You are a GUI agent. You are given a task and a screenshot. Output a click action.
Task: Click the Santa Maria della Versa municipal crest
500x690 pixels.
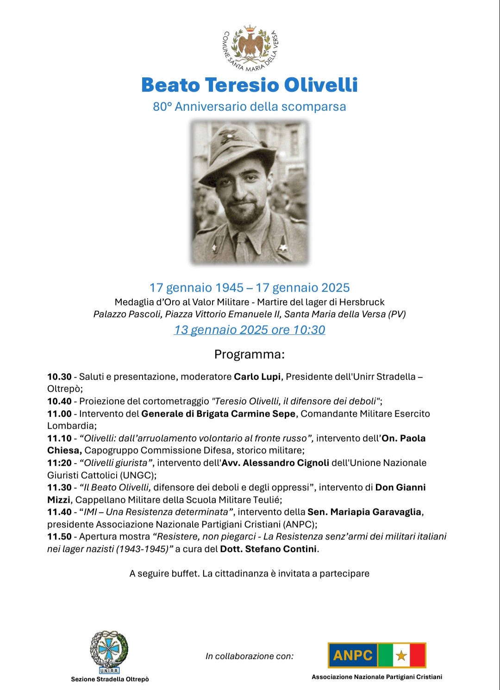tap(250, 48)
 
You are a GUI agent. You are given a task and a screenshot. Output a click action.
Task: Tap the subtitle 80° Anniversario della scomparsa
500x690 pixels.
tap(250, 107)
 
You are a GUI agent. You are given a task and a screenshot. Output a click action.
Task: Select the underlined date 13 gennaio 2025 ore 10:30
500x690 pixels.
tap(250, 330)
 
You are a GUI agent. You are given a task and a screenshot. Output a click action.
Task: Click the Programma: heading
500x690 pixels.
tap(250, 355)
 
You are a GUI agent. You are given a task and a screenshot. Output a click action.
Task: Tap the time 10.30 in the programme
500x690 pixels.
tap(59, 377)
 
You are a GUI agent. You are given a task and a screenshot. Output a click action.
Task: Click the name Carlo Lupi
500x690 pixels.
tap(257, 377)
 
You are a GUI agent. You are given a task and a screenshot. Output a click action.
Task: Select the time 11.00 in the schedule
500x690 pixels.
tap(59, 414)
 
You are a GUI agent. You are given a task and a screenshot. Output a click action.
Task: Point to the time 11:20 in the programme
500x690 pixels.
tap(59, 463)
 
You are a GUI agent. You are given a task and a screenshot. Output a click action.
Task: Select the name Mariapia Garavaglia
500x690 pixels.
tap(375, 512)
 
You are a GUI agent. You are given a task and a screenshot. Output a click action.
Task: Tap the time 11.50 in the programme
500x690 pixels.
tap(59, 537)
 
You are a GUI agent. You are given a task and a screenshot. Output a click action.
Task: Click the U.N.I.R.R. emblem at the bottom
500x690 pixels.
tap(109, 652)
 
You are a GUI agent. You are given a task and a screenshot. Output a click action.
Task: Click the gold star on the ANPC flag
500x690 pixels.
tap(401, 655)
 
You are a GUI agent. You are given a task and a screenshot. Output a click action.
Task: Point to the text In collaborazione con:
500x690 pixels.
tap(250, 656)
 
